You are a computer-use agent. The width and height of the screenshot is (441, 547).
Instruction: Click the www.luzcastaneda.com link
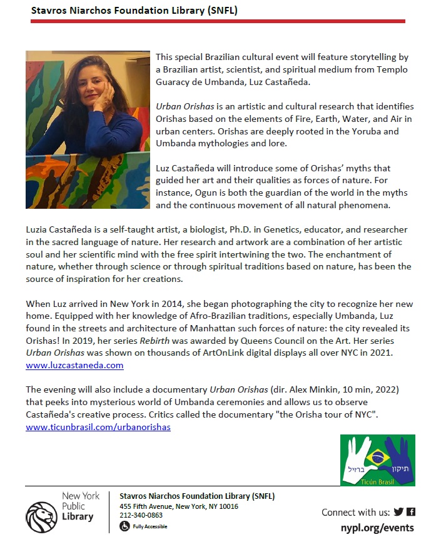pyautogui.click(x=74, y=365)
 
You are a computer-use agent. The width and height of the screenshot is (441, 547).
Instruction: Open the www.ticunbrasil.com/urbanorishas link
pyautogui.click(x=98, y=427)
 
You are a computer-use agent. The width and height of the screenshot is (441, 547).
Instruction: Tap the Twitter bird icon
pyautogui.click(x=398, y=512)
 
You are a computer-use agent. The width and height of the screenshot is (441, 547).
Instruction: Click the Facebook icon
pyautogui.click(x=411, y=512)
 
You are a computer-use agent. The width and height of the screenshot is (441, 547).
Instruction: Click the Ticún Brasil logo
pyautogui.click(x=377, y=461)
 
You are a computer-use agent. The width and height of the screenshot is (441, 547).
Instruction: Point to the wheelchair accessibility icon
pyautogui.click(x=124, y=526)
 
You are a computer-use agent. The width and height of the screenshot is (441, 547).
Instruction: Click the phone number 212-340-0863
pyautogui.click(x=141, y=515)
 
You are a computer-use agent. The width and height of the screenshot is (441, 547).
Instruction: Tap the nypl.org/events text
pyautogui.click(x=377, y=528)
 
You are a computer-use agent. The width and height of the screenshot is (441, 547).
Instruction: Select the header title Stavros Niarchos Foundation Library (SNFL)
pyautogui.click(x=134, y=11)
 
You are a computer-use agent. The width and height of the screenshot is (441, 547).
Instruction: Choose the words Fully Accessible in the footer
pyautogui.click(x=150, y=526)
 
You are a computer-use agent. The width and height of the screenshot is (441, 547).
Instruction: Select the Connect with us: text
pyautogui.click(x=355, y=512)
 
